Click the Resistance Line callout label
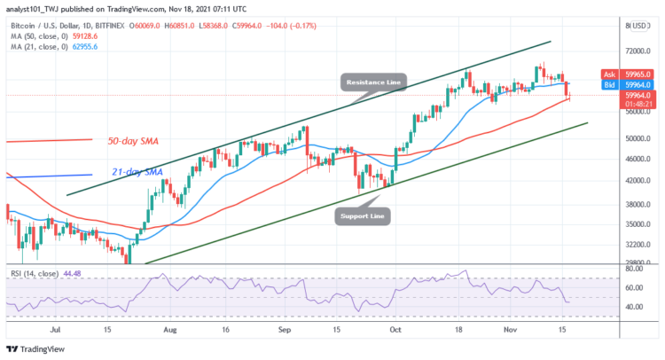[x=372, y=82]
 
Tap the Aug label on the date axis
[x=168, y=328]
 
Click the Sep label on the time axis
[x=285, y=328]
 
